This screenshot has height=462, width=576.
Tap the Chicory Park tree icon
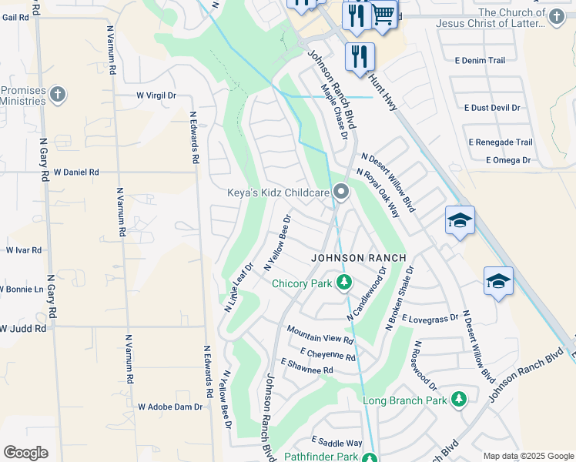(x=344, y=283)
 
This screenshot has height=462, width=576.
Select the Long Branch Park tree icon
(x=459, y=400)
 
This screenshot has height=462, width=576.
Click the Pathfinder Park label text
(x=326, y=457)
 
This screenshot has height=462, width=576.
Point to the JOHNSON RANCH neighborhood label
(x=357, y=258)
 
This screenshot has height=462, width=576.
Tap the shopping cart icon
(x=384, y=15)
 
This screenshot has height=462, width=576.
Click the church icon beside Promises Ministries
(x=58, y=95)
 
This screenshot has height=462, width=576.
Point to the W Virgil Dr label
(x=156, y=96)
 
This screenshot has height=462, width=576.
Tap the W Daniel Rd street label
(x=76, y=172)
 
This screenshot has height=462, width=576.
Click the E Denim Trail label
(x=480, y=60)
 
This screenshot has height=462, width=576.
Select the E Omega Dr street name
(x=508, y=160)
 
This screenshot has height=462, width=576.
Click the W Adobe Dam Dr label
(x=169, y=407)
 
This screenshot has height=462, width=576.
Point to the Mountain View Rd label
(x=320, y=334)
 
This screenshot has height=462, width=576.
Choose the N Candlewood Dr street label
(x=366, y=294)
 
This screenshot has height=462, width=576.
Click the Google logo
(x=25, y=453)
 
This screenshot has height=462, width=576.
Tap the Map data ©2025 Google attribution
(x=527, y=456)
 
